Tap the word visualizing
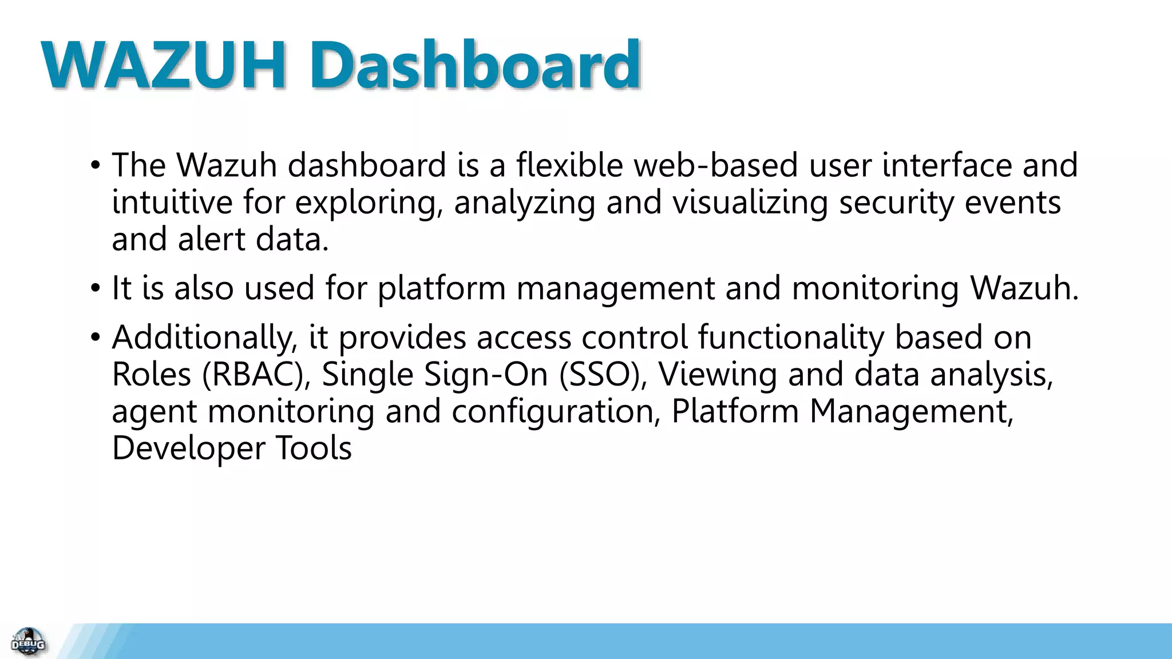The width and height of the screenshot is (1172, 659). (x=750, y=203)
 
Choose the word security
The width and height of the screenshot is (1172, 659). (x=896, y=203)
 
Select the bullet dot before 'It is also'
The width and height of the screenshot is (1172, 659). (x=95, y=288)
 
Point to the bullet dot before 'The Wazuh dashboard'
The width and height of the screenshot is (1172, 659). (x=95, y=165)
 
